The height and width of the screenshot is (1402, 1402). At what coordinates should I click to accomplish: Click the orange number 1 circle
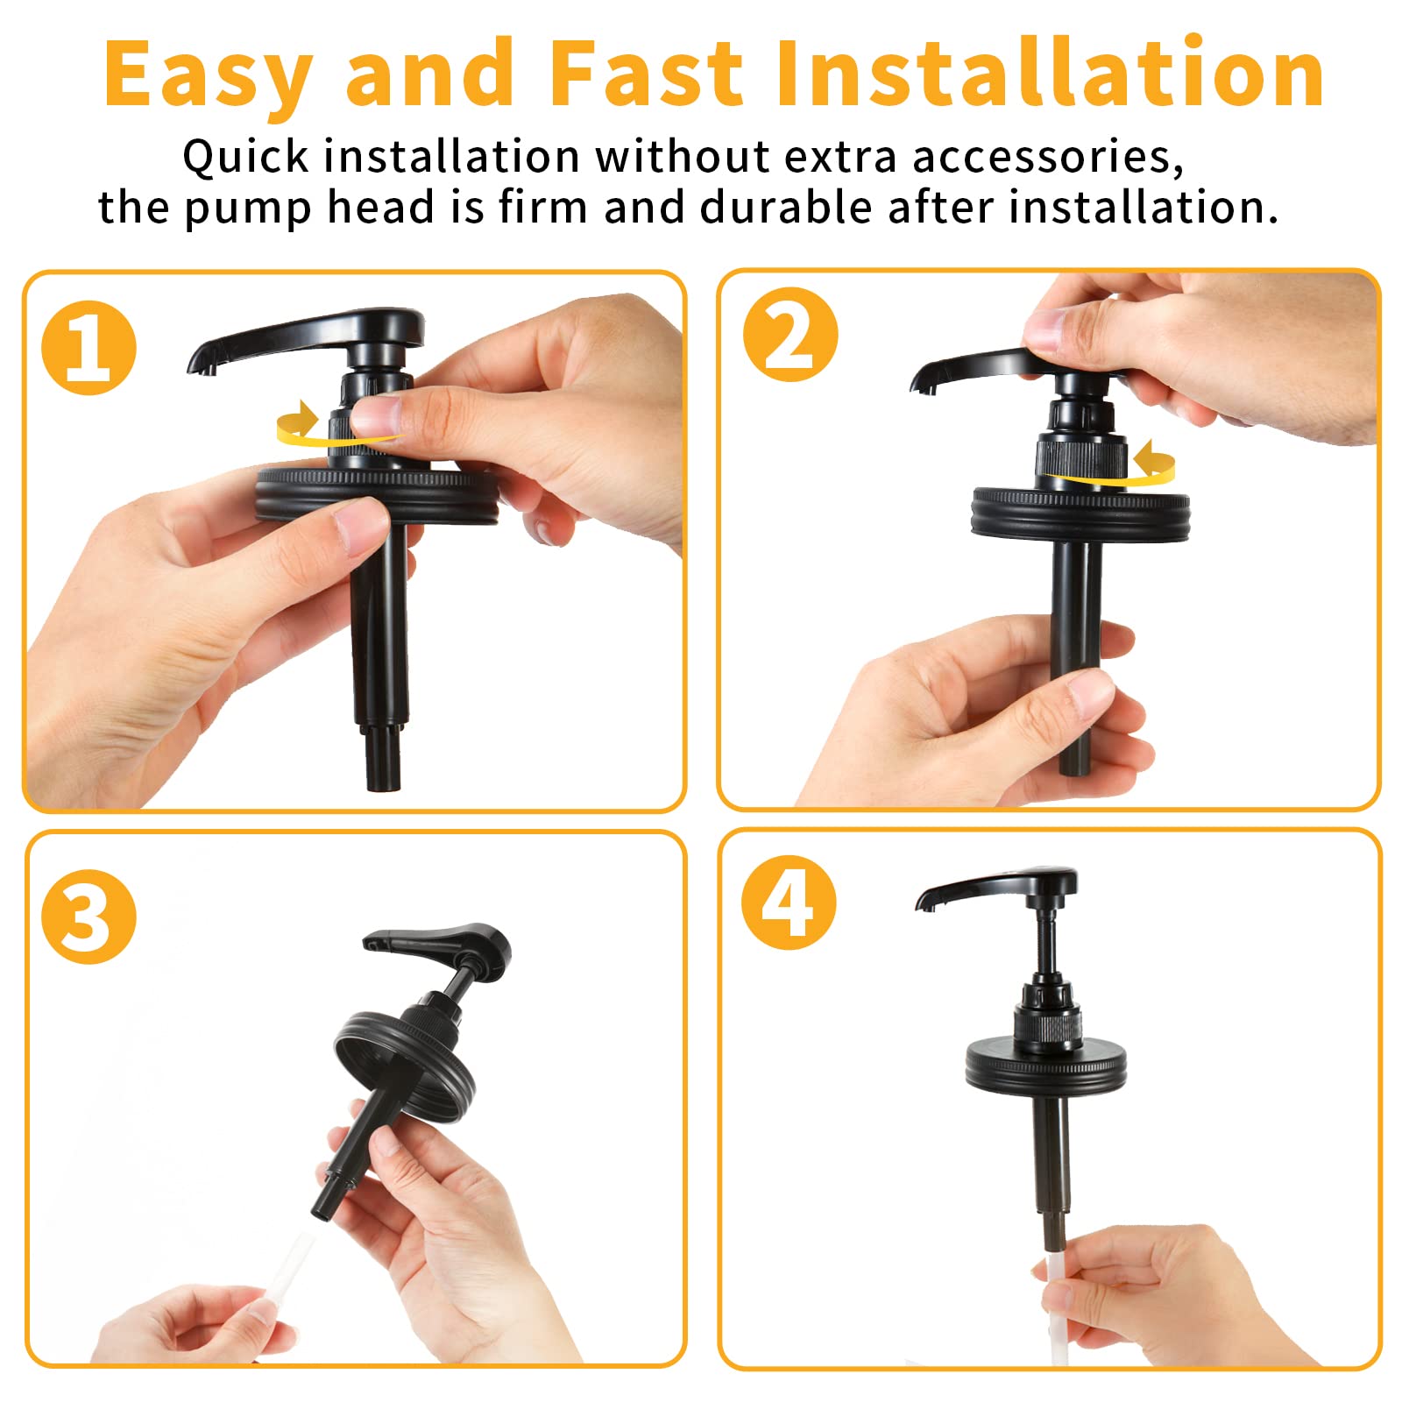pyautogui.click(x=89, y=348)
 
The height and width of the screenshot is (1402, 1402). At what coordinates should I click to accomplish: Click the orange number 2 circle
pyautogui.click(x=790, y=335)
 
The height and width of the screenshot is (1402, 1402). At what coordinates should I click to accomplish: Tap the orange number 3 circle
pyautogui.click(x=89, y=917)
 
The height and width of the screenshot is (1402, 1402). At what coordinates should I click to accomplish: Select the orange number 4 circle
pyautogui.click(x=789, y=903)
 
